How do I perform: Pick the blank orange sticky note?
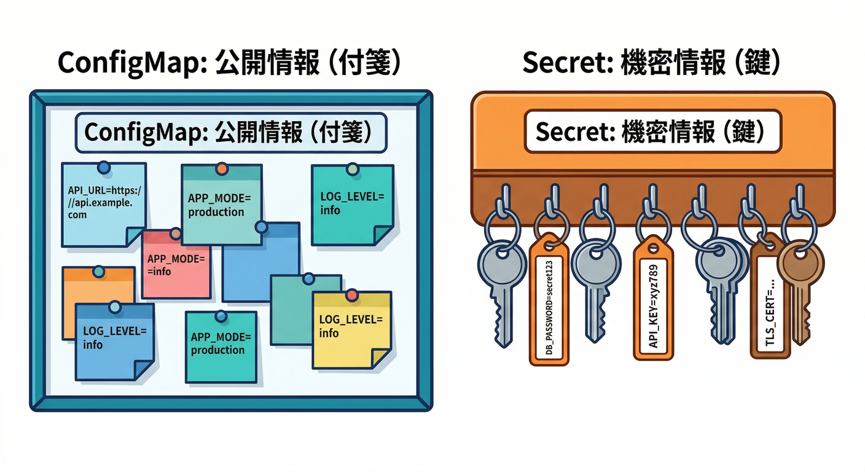(98, 283)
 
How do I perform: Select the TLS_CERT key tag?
(770, 307)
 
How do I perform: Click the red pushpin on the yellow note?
(351, 296)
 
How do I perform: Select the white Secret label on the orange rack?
(652, 131)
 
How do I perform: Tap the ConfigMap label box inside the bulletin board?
(230, 132)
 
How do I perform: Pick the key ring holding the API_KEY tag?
(653, 224)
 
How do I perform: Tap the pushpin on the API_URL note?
(103, 167)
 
